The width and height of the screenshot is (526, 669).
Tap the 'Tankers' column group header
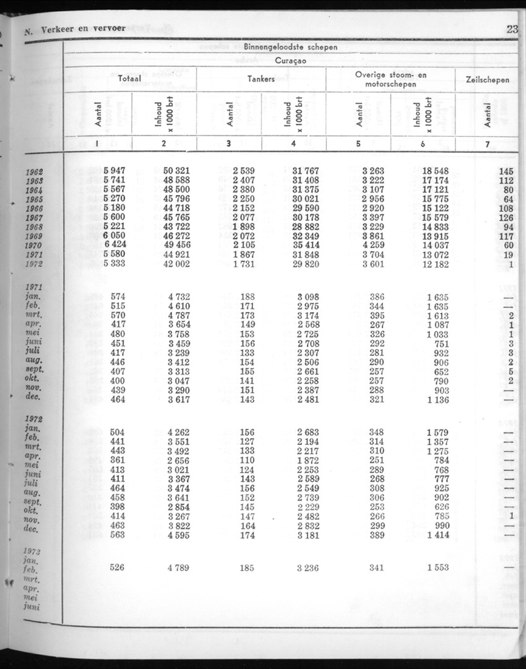coord(261,79)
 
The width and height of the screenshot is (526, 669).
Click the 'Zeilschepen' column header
coord(487,79)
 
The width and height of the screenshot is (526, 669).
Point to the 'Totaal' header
coord(130,79)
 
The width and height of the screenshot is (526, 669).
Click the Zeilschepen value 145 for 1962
coord(506,171)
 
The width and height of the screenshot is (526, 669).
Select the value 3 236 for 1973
coord(306,568)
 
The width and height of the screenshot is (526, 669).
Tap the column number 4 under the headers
coord(293,144)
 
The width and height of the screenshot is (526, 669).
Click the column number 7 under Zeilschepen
coord(487,144)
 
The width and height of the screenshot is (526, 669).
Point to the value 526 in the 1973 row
coord(117,568)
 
